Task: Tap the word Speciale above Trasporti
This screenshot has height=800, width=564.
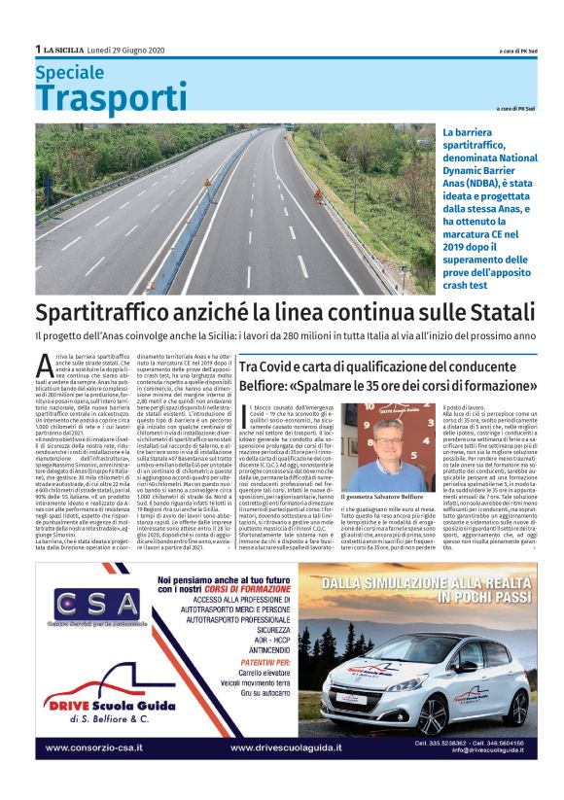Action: coord(68,72)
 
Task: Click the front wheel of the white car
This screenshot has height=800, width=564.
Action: coord(432,714)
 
